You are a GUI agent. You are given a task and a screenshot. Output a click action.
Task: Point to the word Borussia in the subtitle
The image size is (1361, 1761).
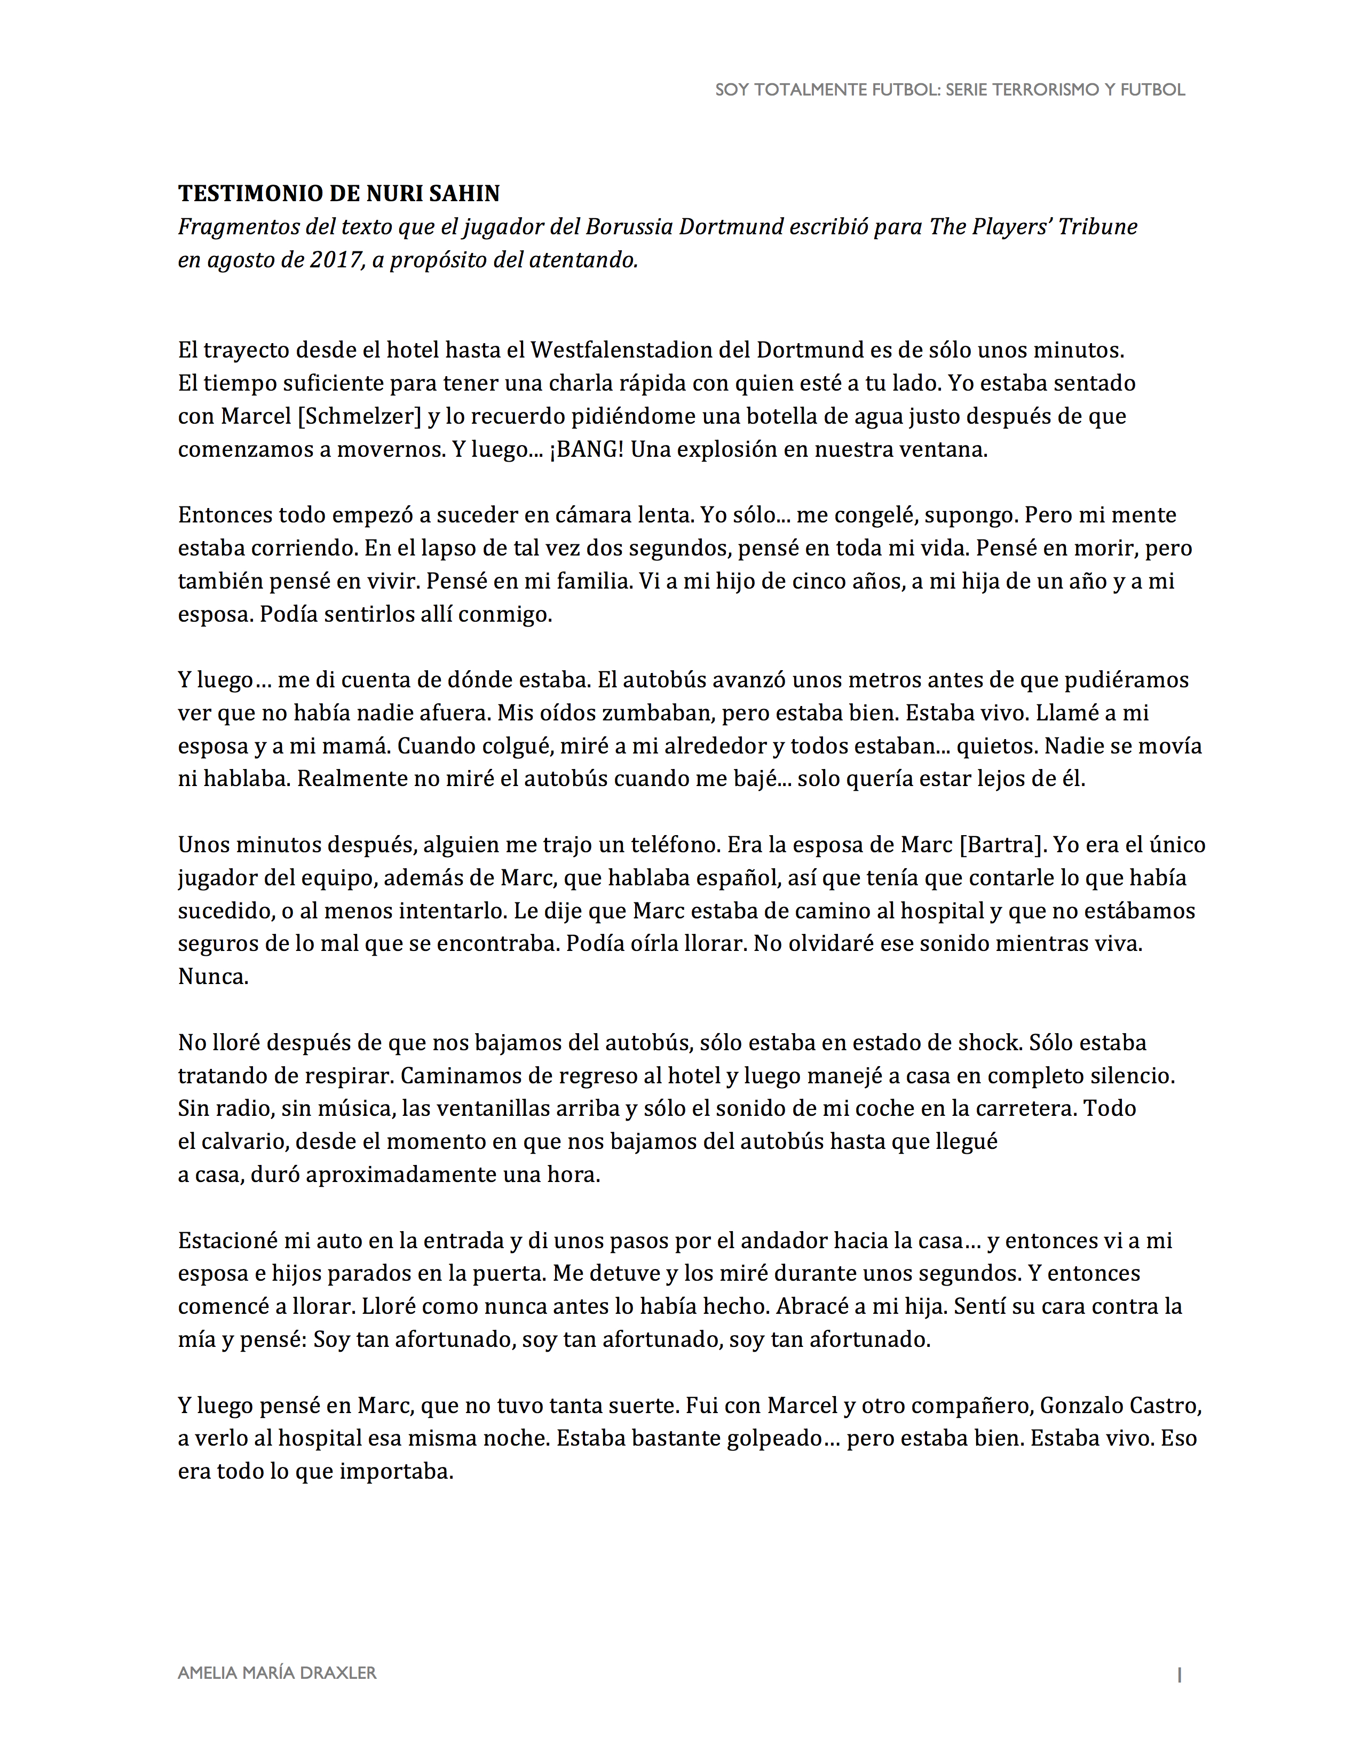(x=629, y=227)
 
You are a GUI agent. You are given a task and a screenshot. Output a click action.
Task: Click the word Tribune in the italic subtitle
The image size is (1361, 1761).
(x=1097, y=227)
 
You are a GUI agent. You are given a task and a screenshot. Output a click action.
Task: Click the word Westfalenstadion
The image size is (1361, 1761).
(x=639, y=350)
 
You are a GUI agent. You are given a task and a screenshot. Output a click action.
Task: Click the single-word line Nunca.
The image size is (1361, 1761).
(x=213, y=977)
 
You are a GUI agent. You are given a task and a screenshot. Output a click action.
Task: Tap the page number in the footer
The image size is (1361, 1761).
(x=1179, y=1674)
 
